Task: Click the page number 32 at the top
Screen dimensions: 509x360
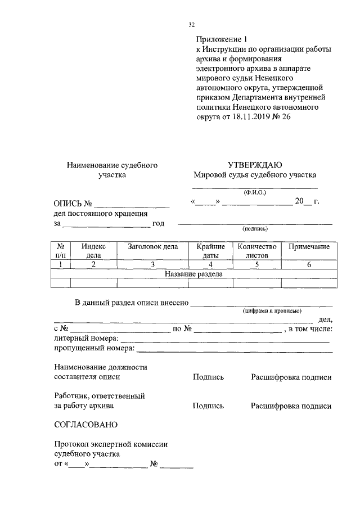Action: pos(191,25)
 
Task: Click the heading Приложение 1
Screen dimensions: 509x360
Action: pos(222,39)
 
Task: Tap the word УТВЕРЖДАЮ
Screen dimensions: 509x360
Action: pos(255,165)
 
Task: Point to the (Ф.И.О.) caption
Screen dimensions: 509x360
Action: pos(255,193)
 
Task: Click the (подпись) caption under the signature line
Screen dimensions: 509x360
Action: pos(255,229)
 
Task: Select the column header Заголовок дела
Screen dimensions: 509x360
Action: pos(153,246)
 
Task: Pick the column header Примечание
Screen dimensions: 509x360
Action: pos(309,246)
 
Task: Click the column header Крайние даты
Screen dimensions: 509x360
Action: pos(210,250)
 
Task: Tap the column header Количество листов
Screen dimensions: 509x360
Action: pos(257,250)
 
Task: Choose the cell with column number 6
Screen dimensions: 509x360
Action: pos(309,264)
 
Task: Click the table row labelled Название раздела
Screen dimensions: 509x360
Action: pos(193,274)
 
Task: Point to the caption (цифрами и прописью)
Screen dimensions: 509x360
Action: pos(272,310)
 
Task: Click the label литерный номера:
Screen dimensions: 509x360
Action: pos(86,339)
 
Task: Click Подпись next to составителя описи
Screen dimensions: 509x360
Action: pos(208,377)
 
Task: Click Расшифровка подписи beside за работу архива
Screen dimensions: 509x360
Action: pos(291,406)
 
